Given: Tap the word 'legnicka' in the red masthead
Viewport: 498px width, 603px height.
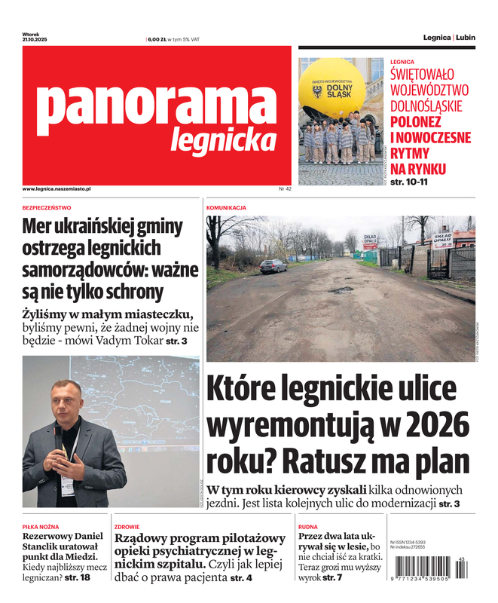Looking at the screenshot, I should (223, 139).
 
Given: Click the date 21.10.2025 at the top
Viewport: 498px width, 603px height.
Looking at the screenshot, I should (35, 39).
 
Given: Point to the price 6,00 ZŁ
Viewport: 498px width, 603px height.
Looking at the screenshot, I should (157, 39).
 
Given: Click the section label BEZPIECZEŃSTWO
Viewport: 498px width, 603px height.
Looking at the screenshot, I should (47, 207).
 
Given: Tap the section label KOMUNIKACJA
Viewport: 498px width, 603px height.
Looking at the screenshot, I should (226, 207).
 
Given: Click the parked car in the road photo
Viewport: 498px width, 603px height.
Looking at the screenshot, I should (273, 265).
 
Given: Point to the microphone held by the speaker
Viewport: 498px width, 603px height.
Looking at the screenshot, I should (57, 432).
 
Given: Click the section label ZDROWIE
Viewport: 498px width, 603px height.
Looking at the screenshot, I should (127, 527).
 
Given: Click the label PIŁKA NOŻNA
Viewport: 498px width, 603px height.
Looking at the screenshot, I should (41, 527).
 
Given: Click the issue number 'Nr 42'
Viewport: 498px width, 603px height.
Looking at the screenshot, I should (284, 188).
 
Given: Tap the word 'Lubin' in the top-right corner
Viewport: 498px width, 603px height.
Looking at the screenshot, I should (466, 37).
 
